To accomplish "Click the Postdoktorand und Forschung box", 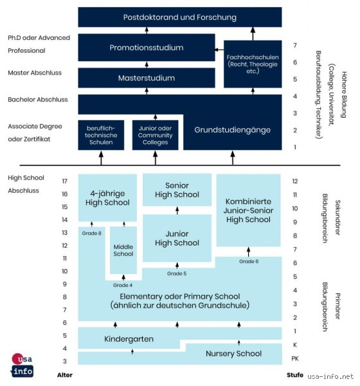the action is tap(180, 17).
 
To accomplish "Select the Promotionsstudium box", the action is tap(147, 47).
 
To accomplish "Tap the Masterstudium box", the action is tap(147, 78).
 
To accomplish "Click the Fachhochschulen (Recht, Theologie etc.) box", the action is tap(253, 64).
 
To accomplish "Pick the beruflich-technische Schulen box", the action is tap(101, 135).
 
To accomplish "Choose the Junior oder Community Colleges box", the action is tap(156, 135).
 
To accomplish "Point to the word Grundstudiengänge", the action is tap(232, 130).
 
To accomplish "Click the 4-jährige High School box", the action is tap(107, 198).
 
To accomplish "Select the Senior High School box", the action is tap(177, 190).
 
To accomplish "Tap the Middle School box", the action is tap(123, 250).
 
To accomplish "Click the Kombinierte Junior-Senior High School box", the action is tap(248, 210).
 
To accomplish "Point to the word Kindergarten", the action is tap(129, 339).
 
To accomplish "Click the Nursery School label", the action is tap(233, 353).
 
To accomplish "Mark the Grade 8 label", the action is tap(91, 233).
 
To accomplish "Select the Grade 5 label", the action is tap(177, 273).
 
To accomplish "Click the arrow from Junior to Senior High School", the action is tap(177, 210).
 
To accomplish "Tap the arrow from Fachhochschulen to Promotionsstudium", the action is tap(219, 50).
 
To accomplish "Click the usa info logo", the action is tap(22, 365).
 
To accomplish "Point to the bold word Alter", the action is tap(65, 375).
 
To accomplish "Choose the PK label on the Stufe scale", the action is tap(295, 358).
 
